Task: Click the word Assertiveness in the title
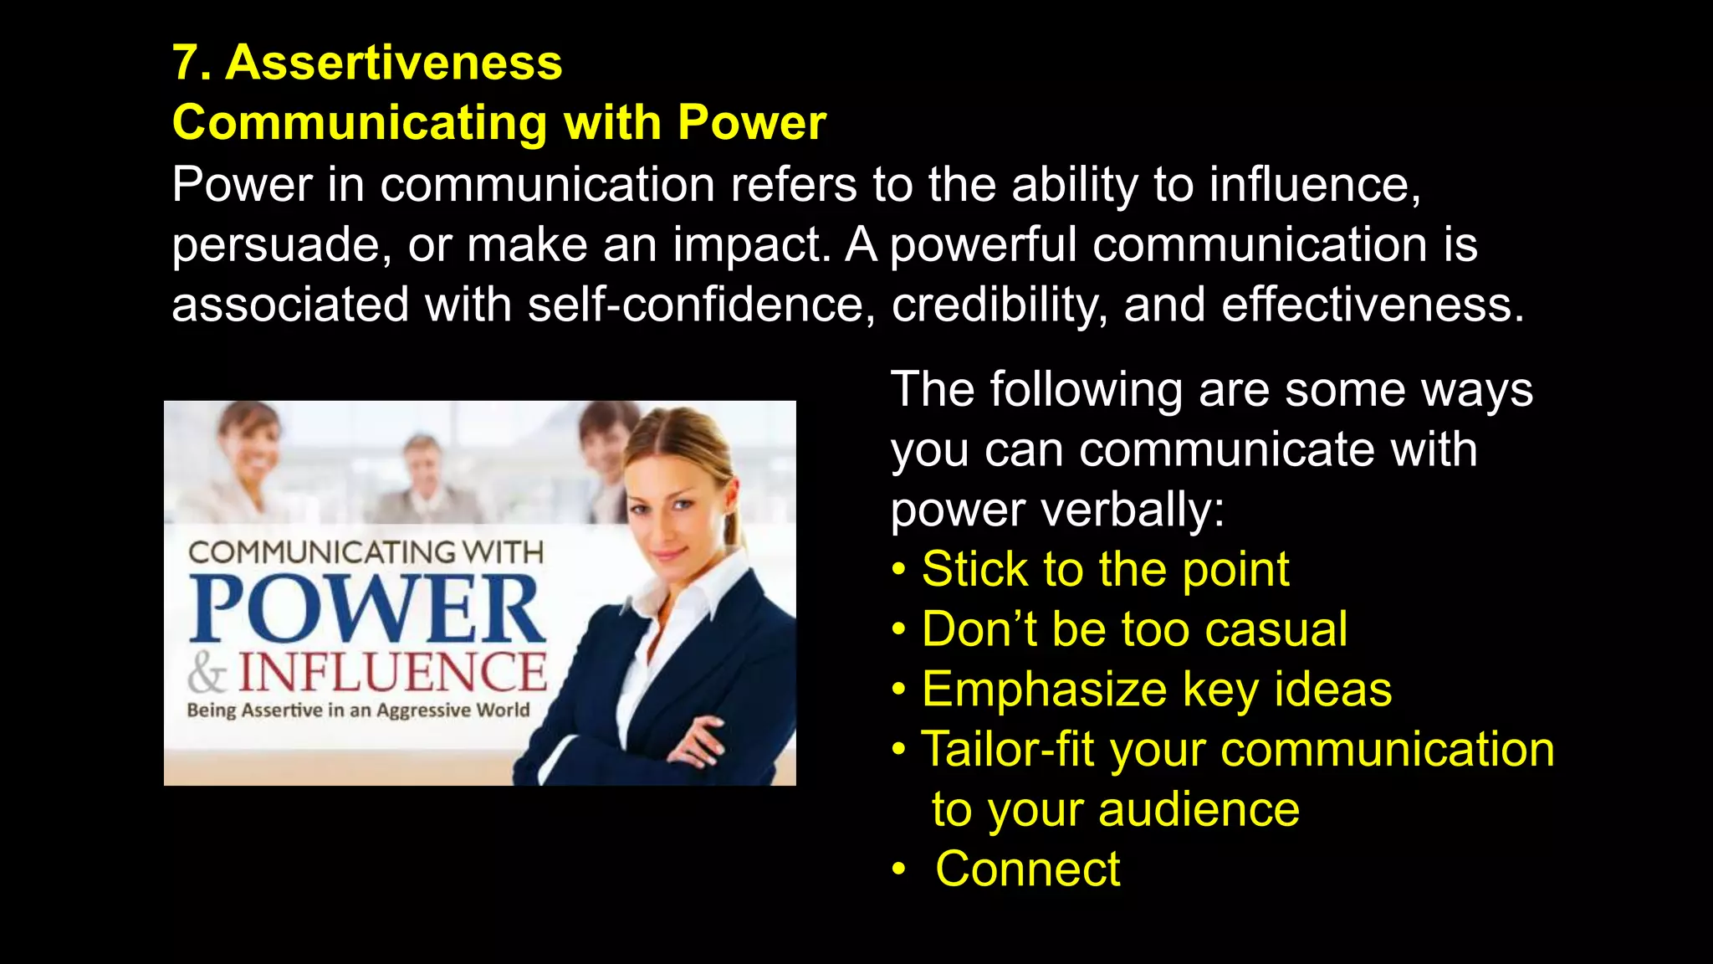(x=394, y=64)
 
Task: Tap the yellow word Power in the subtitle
(x=751, y=123)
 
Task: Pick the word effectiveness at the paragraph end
(x=1372, y=305)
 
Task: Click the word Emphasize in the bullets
(x=1044, y=690)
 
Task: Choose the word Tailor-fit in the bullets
(x=1007, y=749)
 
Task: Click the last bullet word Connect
(x=1027, y=869)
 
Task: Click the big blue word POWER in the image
(x=366, y=608)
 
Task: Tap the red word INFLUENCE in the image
(x=393, y=673)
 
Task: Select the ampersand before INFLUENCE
(x=206, y=673)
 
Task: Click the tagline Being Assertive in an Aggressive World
(x=358, y=710)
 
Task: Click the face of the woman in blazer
(x=676, y=506)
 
